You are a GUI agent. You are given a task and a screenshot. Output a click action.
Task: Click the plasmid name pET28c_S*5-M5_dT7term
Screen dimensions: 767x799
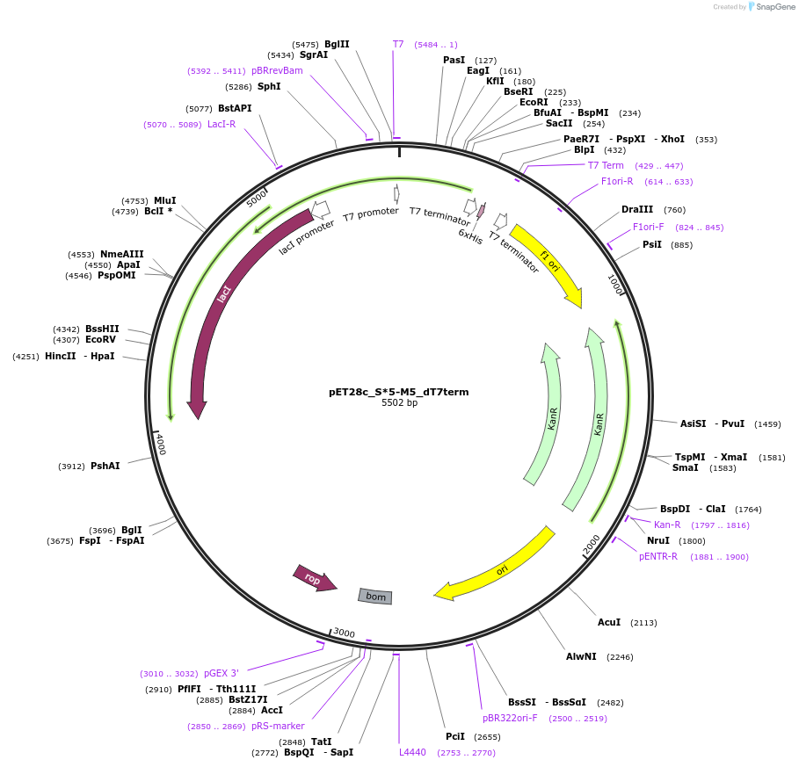398,392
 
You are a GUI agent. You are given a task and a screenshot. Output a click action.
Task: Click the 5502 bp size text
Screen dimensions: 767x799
399,403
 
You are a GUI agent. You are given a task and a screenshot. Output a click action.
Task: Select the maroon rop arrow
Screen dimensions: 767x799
314,578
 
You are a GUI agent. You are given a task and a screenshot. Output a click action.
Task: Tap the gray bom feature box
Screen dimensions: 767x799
375,597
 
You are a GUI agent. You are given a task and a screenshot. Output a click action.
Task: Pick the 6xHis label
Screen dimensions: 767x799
470,237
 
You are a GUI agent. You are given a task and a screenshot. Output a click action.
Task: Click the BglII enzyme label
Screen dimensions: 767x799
337,44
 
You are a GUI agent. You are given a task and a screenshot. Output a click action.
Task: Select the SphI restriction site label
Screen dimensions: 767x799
269,86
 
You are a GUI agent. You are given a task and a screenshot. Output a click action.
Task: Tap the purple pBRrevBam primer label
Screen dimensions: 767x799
277,70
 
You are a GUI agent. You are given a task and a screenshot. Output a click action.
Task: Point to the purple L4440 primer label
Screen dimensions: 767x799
412,752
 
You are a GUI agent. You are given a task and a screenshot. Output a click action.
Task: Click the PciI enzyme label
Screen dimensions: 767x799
455,736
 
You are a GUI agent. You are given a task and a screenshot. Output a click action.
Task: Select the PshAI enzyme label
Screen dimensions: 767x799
105,466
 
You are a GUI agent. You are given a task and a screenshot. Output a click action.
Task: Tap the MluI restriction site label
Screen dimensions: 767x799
165,200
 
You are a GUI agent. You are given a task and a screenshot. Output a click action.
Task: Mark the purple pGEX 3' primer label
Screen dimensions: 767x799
221,673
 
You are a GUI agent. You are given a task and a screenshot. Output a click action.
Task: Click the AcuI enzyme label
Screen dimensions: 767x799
609,622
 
